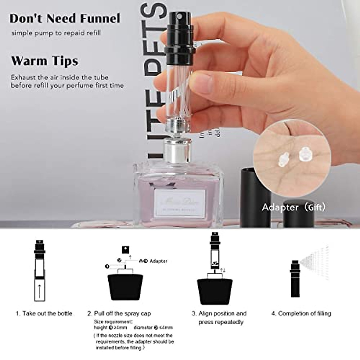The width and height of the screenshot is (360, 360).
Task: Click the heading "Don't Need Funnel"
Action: pyautogui.click(x=65, y=19)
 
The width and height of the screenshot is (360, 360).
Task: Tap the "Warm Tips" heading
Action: pyautogui.click(x=45, y=61)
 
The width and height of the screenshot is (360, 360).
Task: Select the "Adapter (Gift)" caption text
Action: pyautogui.click(x=293, y=207)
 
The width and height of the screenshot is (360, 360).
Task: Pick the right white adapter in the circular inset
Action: pyautogui.click(x=305, y=154)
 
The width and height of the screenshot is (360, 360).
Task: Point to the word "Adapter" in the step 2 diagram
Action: pyautogui.click(x=158, y=261)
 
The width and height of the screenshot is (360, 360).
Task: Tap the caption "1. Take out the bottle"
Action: pyautogui.click(x=44, y=313)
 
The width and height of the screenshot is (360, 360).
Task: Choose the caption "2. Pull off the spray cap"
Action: pyautogui.click(x=119, y=313)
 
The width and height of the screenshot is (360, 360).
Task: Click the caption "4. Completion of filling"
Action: pyautogui.click(x=301, y=313)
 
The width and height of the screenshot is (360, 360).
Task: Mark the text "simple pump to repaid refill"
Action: pyautogui.click(x=56, y=33)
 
